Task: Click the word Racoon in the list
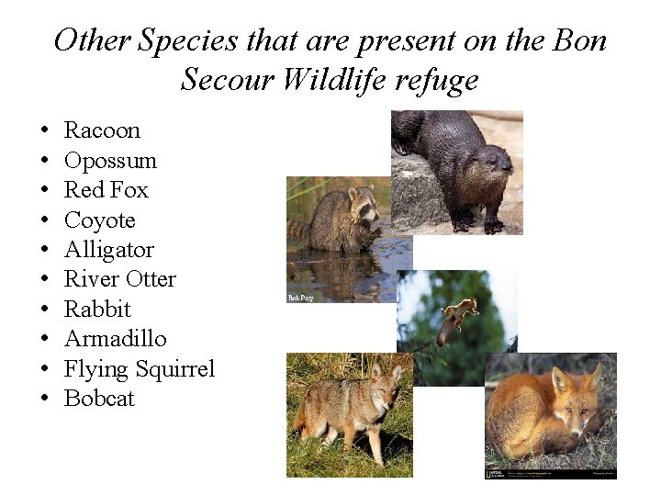pos(101,130)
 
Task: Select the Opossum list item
pos(110,161)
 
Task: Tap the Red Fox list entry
pos(106,190)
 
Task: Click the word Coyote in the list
pos(99,220)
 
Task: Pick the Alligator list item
pos(108,250)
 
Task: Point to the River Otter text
pos(119,279)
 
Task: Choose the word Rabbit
pos(97,310)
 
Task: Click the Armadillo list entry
pos(115,339)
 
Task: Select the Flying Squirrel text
pos(139,369)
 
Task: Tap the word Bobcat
pos(99,399)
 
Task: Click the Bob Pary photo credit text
pos(301,298)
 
